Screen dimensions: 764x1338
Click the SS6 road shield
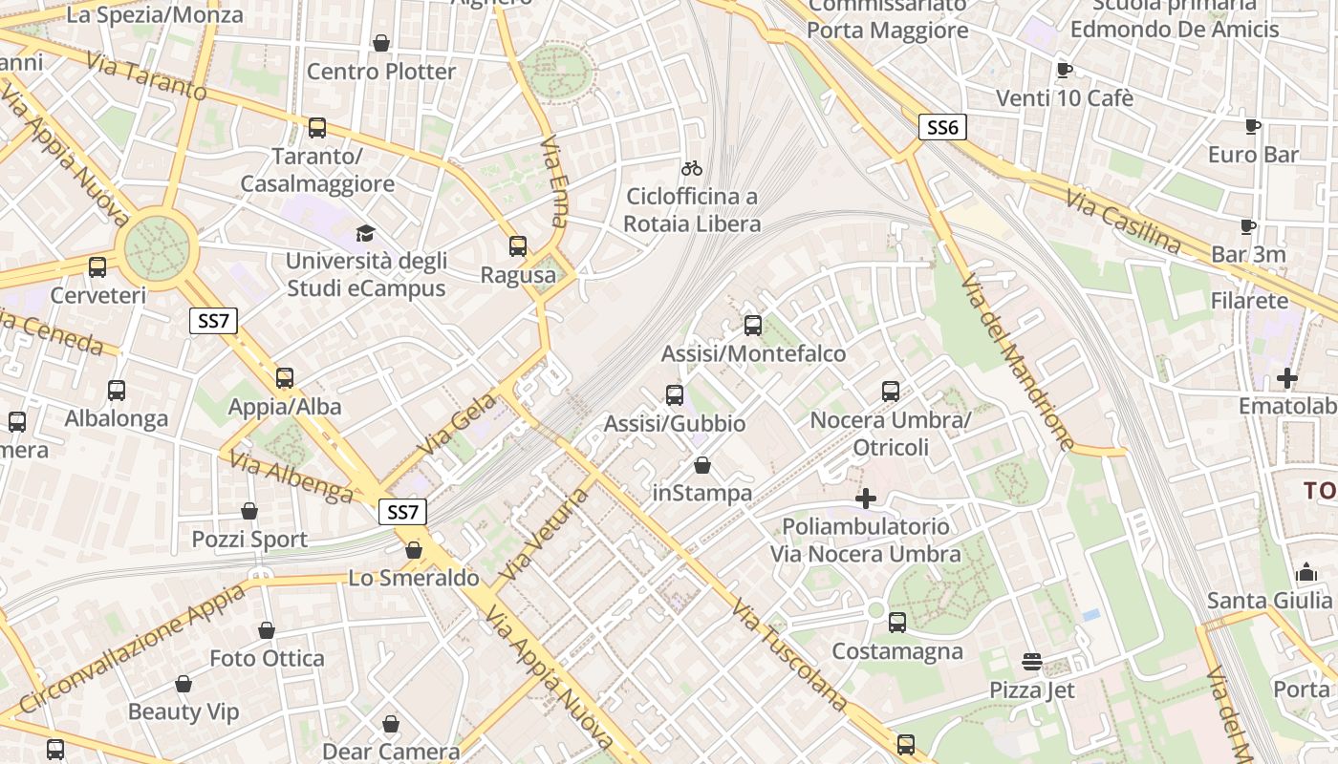942,127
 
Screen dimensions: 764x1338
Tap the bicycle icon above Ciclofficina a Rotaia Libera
692,168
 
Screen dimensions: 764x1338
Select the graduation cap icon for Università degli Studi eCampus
365,233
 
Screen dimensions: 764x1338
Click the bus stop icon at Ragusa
518,246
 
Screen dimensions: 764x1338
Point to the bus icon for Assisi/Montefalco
753,326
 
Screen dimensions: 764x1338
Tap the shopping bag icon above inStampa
702,465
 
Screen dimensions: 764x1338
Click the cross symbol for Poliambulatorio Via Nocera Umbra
865,499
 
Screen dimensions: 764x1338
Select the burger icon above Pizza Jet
1031,662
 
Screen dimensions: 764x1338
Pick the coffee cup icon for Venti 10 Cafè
1065,70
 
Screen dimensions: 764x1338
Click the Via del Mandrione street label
1018,362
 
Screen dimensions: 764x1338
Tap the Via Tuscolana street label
789,655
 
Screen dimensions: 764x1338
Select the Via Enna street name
554,180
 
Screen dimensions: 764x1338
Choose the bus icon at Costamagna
897,623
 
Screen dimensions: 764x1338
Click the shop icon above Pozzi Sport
249,511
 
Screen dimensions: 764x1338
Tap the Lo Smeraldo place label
413,578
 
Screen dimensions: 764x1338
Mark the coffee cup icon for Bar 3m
1248,226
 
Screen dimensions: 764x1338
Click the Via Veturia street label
545,535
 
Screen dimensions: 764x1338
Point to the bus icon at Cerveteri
97,267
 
